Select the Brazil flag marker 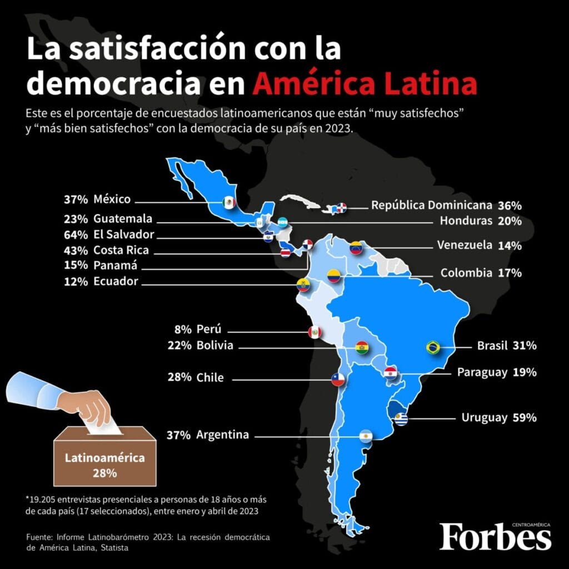[x=433, y=347]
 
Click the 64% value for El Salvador [x=77, y=234]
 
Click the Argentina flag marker [x=366, y=437]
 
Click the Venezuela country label [x=464, y=245]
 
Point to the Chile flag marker [x=338, y=380]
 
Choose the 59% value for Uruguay [x=525, y=417]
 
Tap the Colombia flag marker [x=333, y=275]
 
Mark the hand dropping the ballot [x=89, y=405]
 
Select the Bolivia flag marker [x=362, y=348]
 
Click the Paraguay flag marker [x=390, y=372]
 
